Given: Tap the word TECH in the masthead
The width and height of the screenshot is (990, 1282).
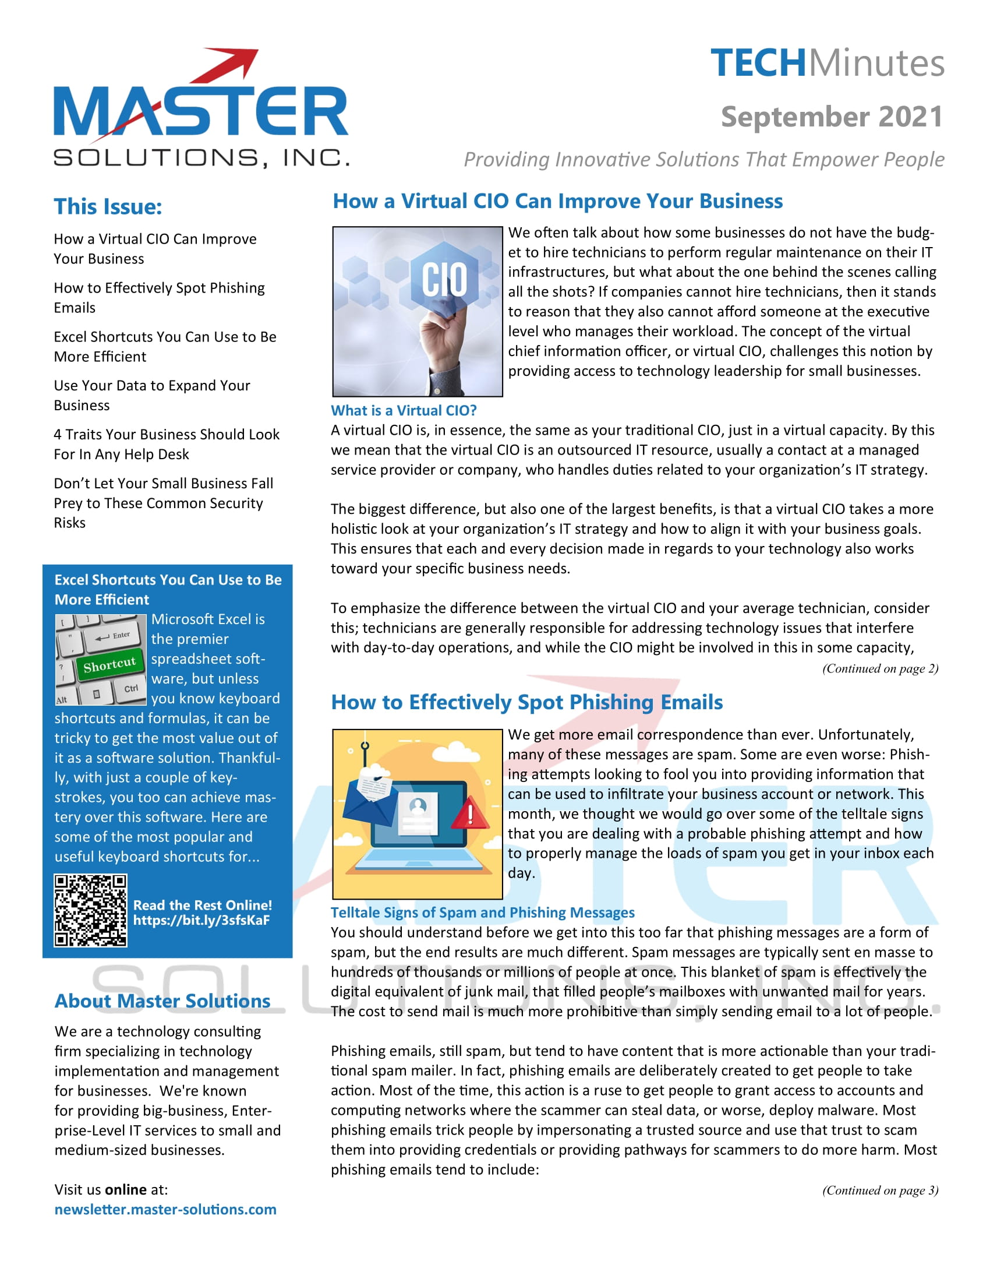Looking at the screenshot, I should pos(758,64).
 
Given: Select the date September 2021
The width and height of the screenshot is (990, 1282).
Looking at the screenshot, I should pos(832,116).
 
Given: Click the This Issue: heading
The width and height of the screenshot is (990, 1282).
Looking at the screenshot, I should pos(108,207).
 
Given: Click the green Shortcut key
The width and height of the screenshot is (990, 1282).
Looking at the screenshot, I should pos(109,664).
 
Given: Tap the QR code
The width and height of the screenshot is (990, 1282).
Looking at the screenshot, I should pos(90,910).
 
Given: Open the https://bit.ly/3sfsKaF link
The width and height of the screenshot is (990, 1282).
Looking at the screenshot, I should pos(201,920).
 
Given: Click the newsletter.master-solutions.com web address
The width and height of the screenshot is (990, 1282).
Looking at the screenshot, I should pos(165,1209).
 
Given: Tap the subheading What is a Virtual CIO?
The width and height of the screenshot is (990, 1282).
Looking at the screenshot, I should pos(404,410).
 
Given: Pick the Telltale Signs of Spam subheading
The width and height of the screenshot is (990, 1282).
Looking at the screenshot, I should pos(482,912).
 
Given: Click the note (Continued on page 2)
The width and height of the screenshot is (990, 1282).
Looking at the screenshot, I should pos(880,668).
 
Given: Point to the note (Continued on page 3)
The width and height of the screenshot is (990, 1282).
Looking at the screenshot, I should pos(880,1190).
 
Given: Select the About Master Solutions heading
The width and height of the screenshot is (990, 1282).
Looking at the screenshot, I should pos(162,1001).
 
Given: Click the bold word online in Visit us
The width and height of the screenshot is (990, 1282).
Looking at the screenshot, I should pos(126,1189).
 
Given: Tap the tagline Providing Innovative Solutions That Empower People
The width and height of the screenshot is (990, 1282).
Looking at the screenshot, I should pos(704,160).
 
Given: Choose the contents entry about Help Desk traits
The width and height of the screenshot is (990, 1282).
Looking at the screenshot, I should pos(167,445).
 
